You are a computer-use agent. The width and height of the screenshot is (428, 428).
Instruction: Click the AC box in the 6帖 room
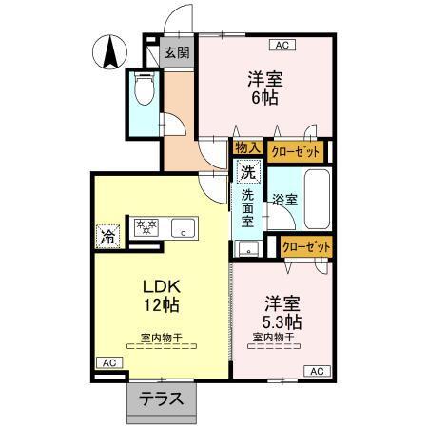[x=282, y=44]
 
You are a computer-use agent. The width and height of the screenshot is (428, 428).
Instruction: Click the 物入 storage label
[x=247, y=149]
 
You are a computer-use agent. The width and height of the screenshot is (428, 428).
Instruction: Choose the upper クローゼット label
[x=295, y=150]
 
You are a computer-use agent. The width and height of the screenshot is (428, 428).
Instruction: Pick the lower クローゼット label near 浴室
[x=307, y=245]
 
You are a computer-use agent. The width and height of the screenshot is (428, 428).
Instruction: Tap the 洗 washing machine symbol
[x=247, y=173]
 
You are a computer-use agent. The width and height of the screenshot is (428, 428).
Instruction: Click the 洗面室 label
[x=247, y=207]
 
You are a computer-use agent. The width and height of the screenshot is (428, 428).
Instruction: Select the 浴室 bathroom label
[x=283, y=200]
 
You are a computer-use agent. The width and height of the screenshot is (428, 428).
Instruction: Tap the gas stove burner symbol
[x=146, y=227]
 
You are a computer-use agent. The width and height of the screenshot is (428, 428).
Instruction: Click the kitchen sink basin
[x=182, y=227]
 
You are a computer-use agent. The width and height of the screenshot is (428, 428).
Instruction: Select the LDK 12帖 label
[x=160, y=296]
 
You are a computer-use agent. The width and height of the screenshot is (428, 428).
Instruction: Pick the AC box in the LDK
[x=108, y=363]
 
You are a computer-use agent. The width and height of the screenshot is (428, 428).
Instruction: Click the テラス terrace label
[x=163, y=399]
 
